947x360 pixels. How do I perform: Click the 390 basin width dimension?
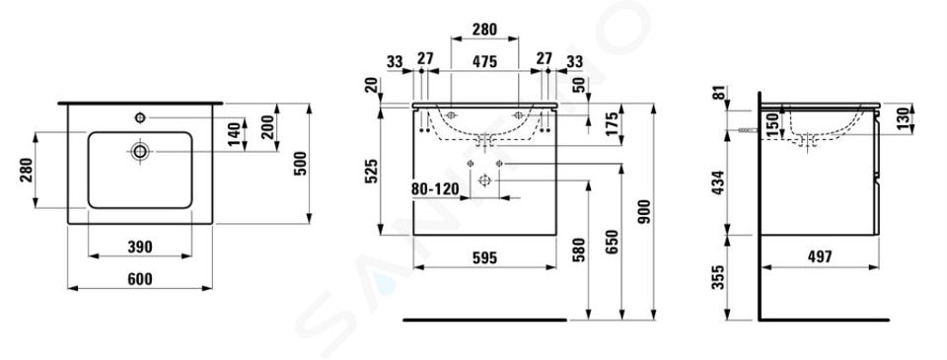[x=139, y=247]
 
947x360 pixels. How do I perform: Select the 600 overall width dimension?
[x=139, y=279]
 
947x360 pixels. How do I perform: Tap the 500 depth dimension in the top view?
[x=300, y=163]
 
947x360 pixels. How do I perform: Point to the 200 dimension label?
[x=267, y=127]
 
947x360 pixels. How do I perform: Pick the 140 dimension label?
[x=235, y=134]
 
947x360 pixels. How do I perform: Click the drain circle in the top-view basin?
[x=140, y=151]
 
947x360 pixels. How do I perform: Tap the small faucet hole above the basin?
[x=140, y=117]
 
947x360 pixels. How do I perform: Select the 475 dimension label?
[x=484, y=61]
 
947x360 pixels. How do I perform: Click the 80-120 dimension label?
[x=435, y=189]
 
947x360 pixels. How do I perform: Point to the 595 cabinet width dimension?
[x=484, y=258]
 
